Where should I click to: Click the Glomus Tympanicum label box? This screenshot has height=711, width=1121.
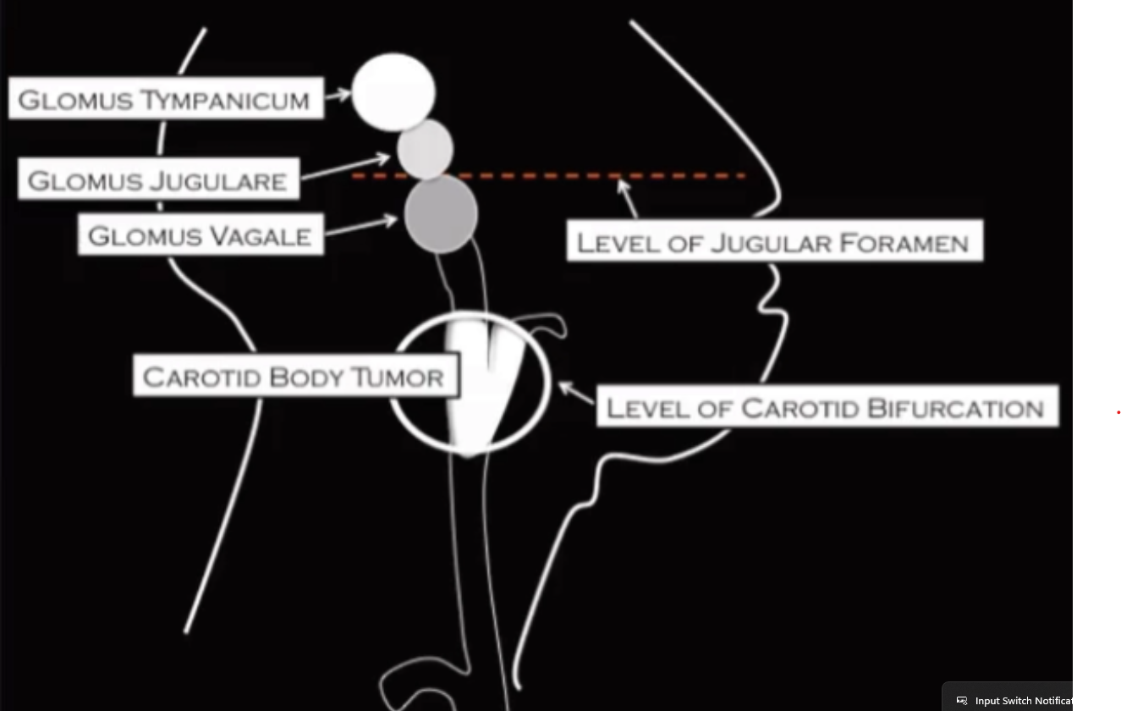pyautogui.click(x=166, y=99)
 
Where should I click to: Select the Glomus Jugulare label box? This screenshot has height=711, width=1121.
pyautogui.click(x=158, y=179)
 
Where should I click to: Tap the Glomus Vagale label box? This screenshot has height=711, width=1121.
pyautogui.click(x=201, y=234)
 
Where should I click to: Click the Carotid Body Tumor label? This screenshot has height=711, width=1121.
pyautogui.click(x=295, y=376)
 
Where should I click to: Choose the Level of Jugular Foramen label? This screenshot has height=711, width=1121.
pyautogui.click(x=774, y=242)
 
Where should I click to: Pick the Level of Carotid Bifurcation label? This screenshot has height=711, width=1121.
pyautogui.click(x=827, y=407)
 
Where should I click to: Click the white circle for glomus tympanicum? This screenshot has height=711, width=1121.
pyautogui.click(x=393, y=92)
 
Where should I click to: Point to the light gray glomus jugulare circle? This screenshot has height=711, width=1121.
pyautogui.click(x=426, y=149)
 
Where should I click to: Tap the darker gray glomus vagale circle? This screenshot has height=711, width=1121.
pyautogui.click(x=441, y=214)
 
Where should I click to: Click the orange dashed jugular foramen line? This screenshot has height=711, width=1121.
pyautogui.click(x=550, y=176)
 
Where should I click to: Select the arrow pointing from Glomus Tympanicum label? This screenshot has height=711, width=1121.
pyautogui.click(x=338, y=95)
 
